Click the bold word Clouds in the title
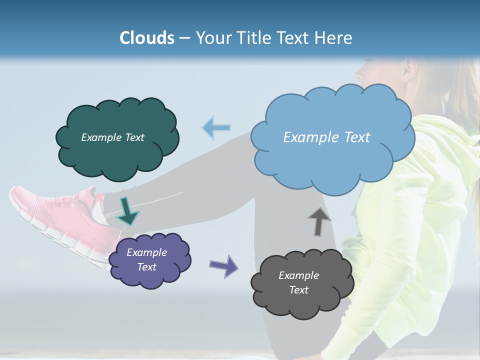pyautogui.click(x=147, y=38)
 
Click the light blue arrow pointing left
pyautogui.click(x=216, y=128)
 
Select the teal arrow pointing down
pyautogui.click(x=127, y=211)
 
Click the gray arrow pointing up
pyautogui.click(x=319, y=221)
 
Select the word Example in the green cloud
pyautogui.click(x=99, y=137)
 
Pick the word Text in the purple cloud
pyautogui.click(x=147, y=267)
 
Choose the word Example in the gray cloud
pyautogui.click(x=298, y=275)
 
